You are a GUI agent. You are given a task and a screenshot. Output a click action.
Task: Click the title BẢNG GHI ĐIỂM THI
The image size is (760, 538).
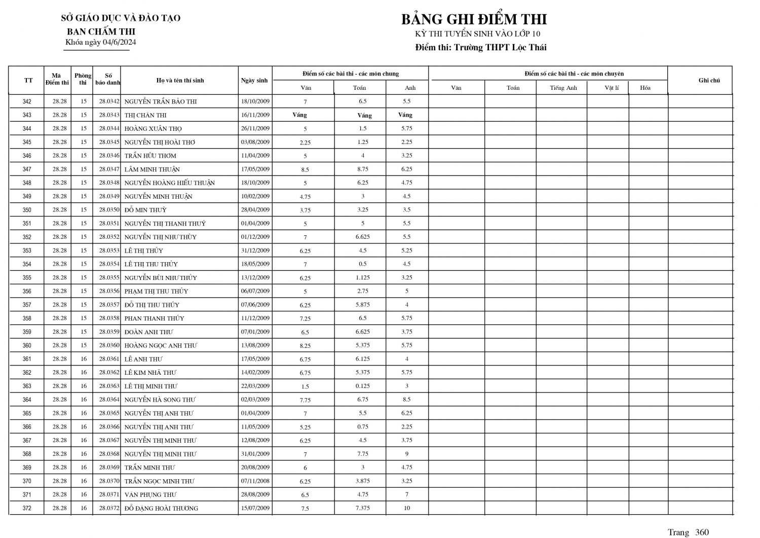[x=474, y=19]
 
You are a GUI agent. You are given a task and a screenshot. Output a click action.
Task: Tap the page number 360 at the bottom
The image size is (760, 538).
[x=702, y=532]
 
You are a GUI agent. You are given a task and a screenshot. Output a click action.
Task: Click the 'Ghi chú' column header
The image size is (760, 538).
[x=709, y=80]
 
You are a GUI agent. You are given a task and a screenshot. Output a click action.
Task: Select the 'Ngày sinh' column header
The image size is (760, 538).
[x=254, y=81]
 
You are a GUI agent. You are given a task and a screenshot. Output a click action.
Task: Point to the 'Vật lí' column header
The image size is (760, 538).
[x=612, y=88]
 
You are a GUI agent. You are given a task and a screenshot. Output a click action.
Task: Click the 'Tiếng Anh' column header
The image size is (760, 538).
[x=563, y=88]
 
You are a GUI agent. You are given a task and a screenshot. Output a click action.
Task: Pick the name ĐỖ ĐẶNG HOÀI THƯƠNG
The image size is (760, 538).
[x=161, y=508]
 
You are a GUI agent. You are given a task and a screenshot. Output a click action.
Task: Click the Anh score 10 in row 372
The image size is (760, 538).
[x=407, y=508]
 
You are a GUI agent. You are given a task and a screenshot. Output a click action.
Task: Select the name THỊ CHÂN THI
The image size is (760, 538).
[x=145, y=115]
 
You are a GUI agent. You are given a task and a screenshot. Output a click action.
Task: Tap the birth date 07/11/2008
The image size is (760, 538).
[x=255, y=481]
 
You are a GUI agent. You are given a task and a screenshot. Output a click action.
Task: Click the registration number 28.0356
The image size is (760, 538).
[x=109, y=291]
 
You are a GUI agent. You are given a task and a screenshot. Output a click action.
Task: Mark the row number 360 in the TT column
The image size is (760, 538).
[x=27, y=345]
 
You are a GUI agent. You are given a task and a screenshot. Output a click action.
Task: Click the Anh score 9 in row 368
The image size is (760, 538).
[x=407, y=454]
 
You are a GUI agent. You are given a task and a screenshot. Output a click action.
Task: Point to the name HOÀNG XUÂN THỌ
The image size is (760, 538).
[x=153, y=129]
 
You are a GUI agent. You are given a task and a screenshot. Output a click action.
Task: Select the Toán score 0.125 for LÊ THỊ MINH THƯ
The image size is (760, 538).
[x=362, y=386]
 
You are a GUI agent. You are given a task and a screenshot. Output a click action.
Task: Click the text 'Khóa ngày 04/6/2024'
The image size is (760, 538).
[x=100, y=42]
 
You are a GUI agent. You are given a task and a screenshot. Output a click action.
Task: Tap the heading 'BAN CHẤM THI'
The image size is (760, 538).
[x=101, y=31]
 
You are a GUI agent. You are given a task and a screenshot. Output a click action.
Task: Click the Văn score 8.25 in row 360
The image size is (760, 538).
[x=305, y=346]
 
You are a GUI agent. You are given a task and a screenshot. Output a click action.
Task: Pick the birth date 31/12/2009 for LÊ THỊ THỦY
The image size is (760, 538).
[x=255, y=250]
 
